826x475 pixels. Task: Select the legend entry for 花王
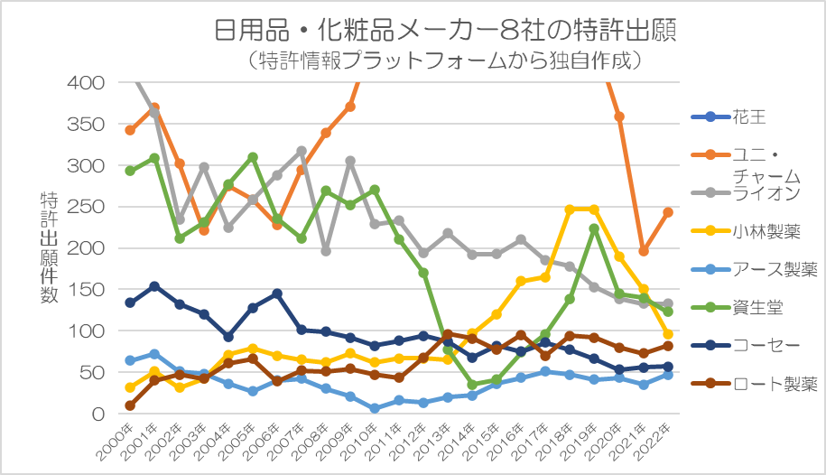pyautogui.click(x=748, y=117)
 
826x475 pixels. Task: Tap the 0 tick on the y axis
pyautogui.click(x=99, y=414)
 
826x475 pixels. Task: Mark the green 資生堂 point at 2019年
pyautogui.click(x=593, y=228)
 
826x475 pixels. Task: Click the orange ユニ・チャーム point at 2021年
pyautogui.click(x=643, y=251)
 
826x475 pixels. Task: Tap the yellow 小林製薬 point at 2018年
pyautogui.click(x=570, y=210)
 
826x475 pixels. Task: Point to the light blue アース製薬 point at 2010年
pyautogui.click(x=374, y=408)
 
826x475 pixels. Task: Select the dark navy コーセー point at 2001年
pyautogui.click(x=154, y=286)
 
